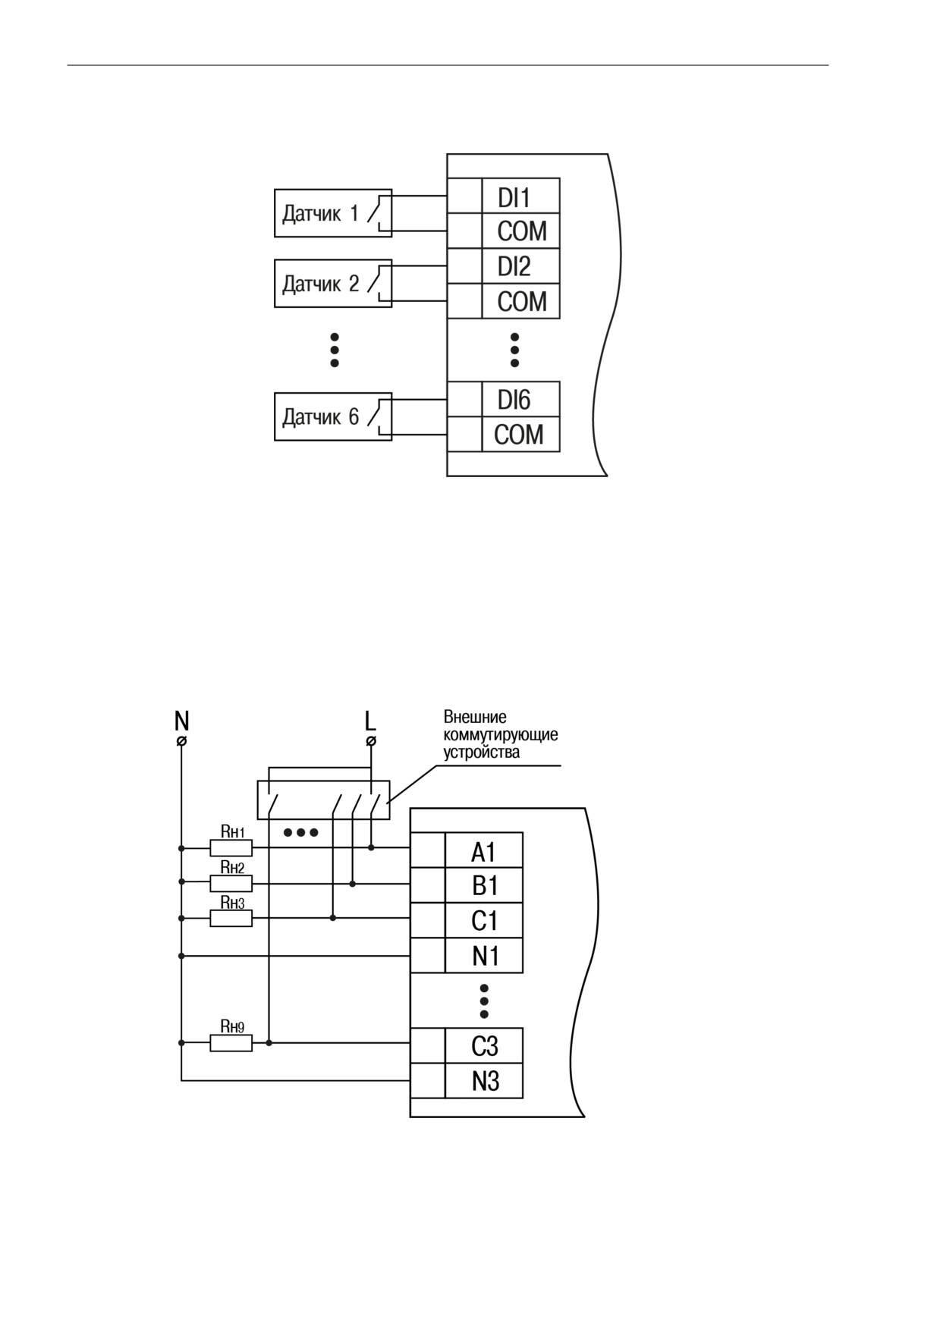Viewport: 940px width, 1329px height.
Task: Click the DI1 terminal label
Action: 514,198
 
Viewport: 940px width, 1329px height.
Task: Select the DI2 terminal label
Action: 514,266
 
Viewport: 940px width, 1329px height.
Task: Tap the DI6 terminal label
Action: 514,400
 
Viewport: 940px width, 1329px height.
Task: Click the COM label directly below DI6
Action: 519,435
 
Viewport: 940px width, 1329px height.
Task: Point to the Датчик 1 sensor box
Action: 333,213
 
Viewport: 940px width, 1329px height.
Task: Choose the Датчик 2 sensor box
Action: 333,284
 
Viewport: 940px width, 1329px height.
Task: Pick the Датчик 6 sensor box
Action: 333,416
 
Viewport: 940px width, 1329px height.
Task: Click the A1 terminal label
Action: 483,853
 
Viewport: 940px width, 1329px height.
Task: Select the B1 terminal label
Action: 484,886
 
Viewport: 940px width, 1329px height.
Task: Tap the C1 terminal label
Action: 484,921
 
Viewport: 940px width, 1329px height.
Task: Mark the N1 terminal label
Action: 486,956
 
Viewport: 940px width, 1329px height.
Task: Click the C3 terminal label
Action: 485,1046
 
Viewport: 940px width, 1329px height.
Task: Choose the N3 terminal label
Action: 486,1081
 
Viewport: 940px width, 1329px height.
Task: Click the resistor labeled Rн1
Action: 231,848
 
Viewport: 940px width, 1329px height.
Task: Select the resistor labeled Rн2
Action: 231,884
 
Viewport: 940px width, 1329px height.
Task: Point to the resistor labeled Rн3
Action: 231,919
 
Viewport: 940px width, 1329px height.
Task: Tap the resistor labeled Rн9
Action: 231,1044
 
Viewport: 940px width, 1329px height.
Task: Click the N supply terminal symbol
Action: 181,740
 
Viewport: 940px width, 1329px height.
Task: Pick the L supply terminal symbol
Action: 370,740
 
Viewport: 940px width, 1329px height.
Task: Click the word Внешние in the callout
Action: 475,717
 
